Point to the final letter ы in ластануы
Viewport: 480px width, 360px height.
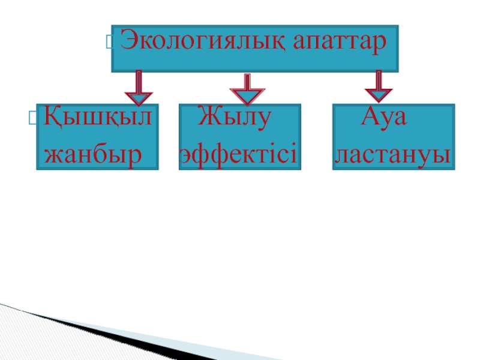442,156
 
